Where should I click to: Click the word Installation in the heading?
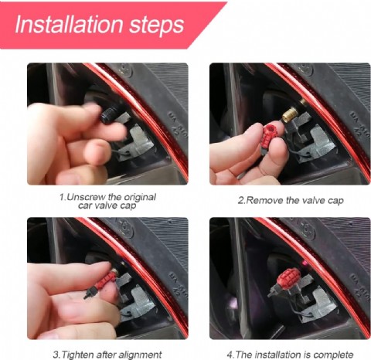(69, 24)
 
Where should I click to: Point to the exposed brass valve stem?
(290, 115)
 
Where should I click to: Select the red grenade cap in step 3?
(107, 278)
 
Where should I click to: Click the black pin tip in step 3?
(85, 297)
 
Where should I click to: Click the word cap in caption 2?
(336, 201)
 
